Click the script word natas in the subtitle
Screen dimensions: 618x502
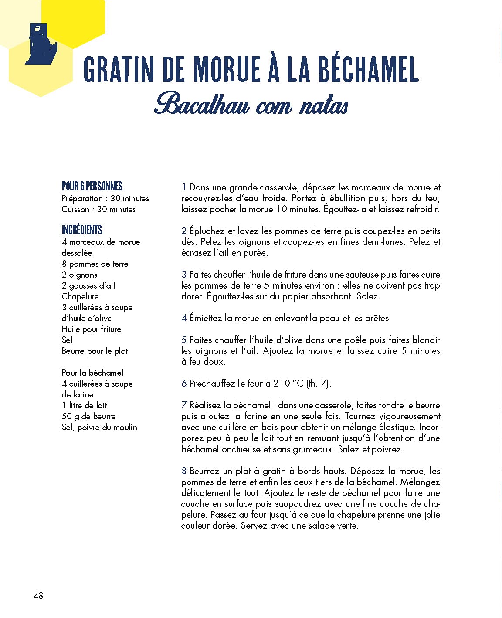[324, 106]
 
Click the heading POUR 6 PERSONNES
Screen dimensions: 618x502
[92, 187]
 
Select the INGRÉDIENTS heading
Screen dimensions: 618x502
[82, 230]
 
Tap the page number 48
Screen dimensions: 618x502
[38, 595]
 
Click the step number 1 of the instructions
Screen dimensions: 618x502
[184, 188]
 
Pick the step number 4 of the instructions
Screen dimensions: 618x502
[184, 319]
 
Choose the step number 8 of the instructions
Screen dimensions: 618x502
[184, 471]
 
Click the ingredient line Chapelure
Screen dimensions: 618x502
[80, 296]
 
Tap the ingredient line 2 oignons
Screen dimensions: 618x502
[79, 275]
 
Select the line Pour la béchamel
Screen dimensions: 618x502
[92, 373]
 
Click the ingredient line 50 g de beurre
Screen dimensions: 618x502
[88, 416]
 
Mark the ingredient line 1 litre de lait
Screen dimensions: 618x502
[84, 405]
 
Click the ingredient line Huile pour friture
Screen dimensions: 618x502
[92, 329]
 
